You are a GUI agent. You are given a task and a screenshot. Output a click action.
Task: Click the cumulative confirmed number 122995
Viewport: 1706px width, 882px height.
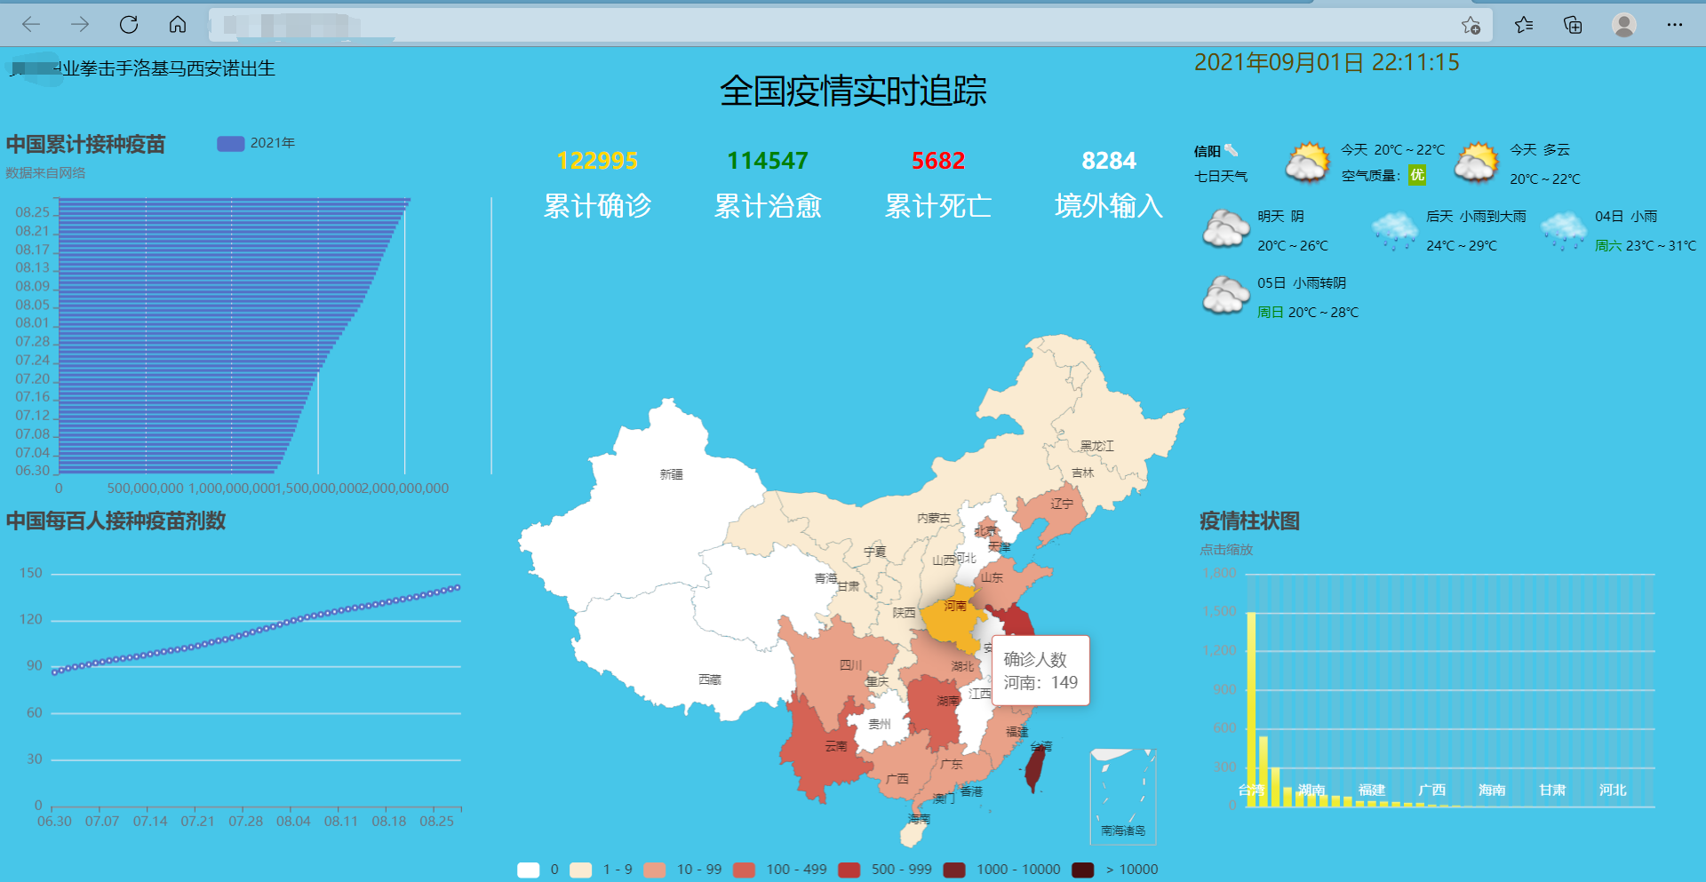(597, 161)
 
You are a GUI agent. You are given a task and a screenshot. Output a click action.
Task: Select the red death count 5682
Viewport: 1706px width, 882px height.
(937, 161)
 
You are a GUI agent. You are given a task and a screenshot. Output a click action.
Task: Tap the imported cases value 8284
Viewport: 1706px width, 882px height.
(1108, 161)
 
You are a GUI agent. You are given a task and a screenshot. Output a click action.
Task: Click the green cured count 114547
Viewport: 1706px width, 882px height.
(768, 161)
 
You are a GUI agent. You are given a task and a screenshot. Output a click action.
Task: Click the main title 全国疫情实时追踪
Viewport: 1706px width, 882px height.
(853, 91)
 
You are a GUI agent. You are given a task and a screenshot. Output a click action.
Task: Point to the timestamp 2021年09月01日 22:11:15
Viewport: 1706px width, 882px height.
(1326, 62)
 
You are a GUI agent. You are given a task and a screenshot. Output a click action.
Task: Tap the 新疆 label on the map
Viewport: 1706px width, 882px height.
(671, 474)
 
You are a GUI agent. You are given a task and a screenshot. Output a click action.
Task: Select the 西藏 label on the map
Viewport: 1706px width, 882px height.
(709, 679)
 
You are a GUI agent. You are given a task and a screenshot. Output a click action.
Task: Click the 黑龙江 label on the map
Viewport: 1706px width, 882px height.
(1096, 446)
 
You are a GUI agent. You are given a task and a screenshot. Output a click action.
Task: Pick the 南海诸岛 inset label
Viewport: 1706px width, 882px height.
(1122, 830)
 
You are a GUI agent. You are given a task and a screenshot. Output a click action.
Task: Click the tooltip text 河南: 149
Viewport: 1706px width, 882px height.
(1040, 682)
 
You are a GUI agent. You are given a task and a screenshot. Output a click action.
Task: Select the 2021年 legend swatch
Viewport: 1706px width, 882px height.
(231, 143)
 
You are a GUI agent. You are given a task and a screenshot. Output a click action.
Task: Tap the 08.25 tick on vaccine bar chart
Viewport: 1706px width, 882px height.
(32, 212)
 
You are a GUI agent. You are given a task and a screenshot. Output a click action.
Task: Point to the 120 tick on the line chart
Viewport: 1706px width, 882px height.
(31, 619)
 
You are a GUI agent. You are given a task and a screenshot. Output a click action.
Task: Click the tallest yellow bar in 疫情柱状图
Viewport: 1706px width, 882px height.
(1251, 706)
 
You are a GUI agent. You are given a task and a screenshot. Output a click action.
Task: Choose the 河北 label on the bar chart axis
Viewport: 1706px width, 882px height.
(1612, 790)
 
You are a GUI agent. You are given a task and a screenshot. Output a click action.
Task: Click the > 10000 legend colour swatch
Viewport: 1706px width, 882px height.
(1082, 869)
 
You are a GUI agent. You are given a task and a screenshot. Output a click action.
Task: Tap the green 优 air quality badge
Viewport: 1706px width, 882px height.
(1416, 175)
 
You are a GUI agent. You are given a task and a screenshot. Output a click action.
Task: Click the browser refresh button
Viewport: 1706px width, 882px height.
(129, 25)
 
